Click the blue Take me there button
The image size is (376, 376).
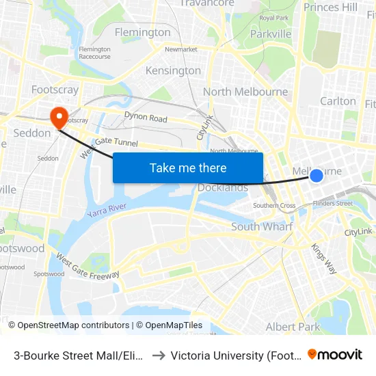187,167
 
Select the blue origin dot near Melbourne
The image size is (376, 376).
317,176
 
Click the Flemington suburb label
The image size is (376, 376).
142,32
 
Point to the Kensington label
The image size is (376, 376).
173,70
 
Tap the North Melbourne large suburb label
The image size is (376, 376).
245,92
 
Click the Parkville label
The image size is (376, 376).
271,33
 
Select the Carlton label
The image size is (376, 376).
338,100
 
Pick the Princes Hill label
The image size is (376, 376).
330,8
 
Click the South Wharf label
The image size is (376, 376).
262,226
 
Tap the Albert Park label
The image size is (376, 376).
293,327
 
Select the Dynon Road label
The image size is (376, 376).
146,118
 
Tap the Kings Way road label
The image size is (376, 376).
323,258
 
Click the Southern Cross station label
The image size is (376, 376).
274,205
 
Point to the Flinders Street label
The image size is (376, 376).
333,203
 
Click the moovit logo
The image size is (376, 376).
334,355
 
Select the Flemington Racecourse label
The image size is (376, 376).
94,53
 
